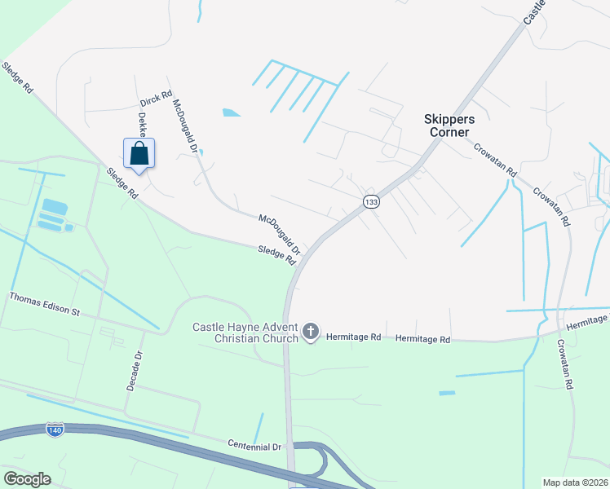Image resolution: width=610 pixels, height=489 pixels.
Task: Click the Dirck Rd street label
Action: (x=155, y=100)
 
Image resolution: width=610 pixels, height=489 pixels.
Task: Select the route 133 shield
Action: (x=371, y=201)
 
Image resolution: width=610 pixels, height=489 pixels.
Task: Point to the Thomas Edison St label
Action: (x=46, y=305)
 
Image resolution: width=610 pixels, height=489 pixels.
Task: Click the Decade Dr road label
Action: (x=135, y=371)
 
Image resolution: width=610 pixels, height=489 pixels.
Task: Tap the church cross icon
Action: (x=310, y=332)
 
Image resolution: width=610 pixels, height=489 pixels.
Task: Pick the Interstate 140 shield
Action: (x=55, y=430)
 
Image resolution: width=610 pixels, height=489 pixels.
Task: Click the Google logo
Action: (x=27, y=479)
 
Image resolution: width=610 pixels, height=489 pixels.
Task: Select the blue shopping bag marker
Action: (x=139, y=153)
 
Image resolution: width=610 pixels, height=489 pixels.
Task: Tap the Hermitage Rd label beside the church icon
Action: (x=353, y=336)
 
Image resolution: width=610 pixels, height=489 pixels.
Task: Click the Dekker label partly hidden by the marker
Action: (x=142, y=124)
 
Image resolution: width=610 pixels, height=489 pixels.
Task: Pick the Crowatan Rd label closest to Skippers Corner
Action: (x=496, y=161)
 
